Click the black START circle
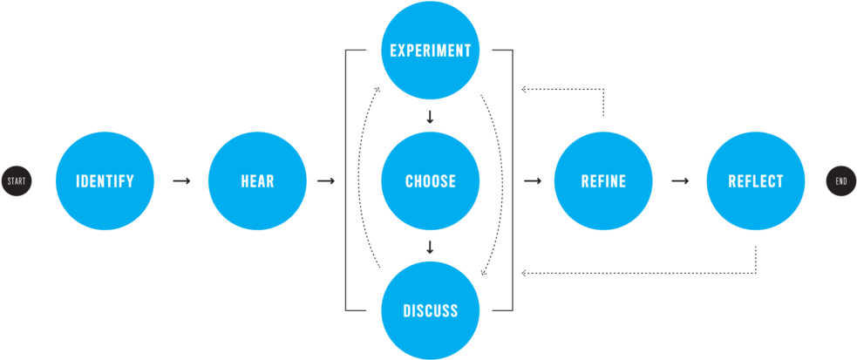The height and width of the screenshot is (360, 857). [x=16, y=181]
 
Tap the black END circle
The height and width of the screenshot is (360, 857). [x=841, y=181]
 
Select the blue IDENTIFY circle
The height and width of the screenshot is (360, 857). [x=105, y=181]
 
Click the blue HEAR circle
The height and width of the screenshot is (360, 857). [x=257, y=181]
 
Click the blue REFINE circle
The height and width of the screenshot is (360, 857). [x=603, y=181]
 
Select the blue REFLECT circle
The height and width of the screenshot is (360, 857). [x=755, y=181]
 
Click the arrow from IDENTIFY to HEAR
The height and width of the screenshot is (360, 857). [x=181, y=181]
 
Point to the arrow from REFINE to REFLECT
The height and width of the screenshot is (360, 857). [x=680, y=181]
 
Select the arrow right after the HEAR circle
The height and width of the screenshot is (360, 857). [x=326, y=181]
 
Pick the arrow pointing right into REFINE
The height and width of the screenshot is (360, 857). [x=532, y=181]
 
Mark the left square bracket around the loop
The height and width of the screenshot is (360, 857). [x=348, y=181]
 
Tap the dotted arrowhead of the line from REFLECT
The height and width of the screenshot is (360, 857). [x=524, y=273]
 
